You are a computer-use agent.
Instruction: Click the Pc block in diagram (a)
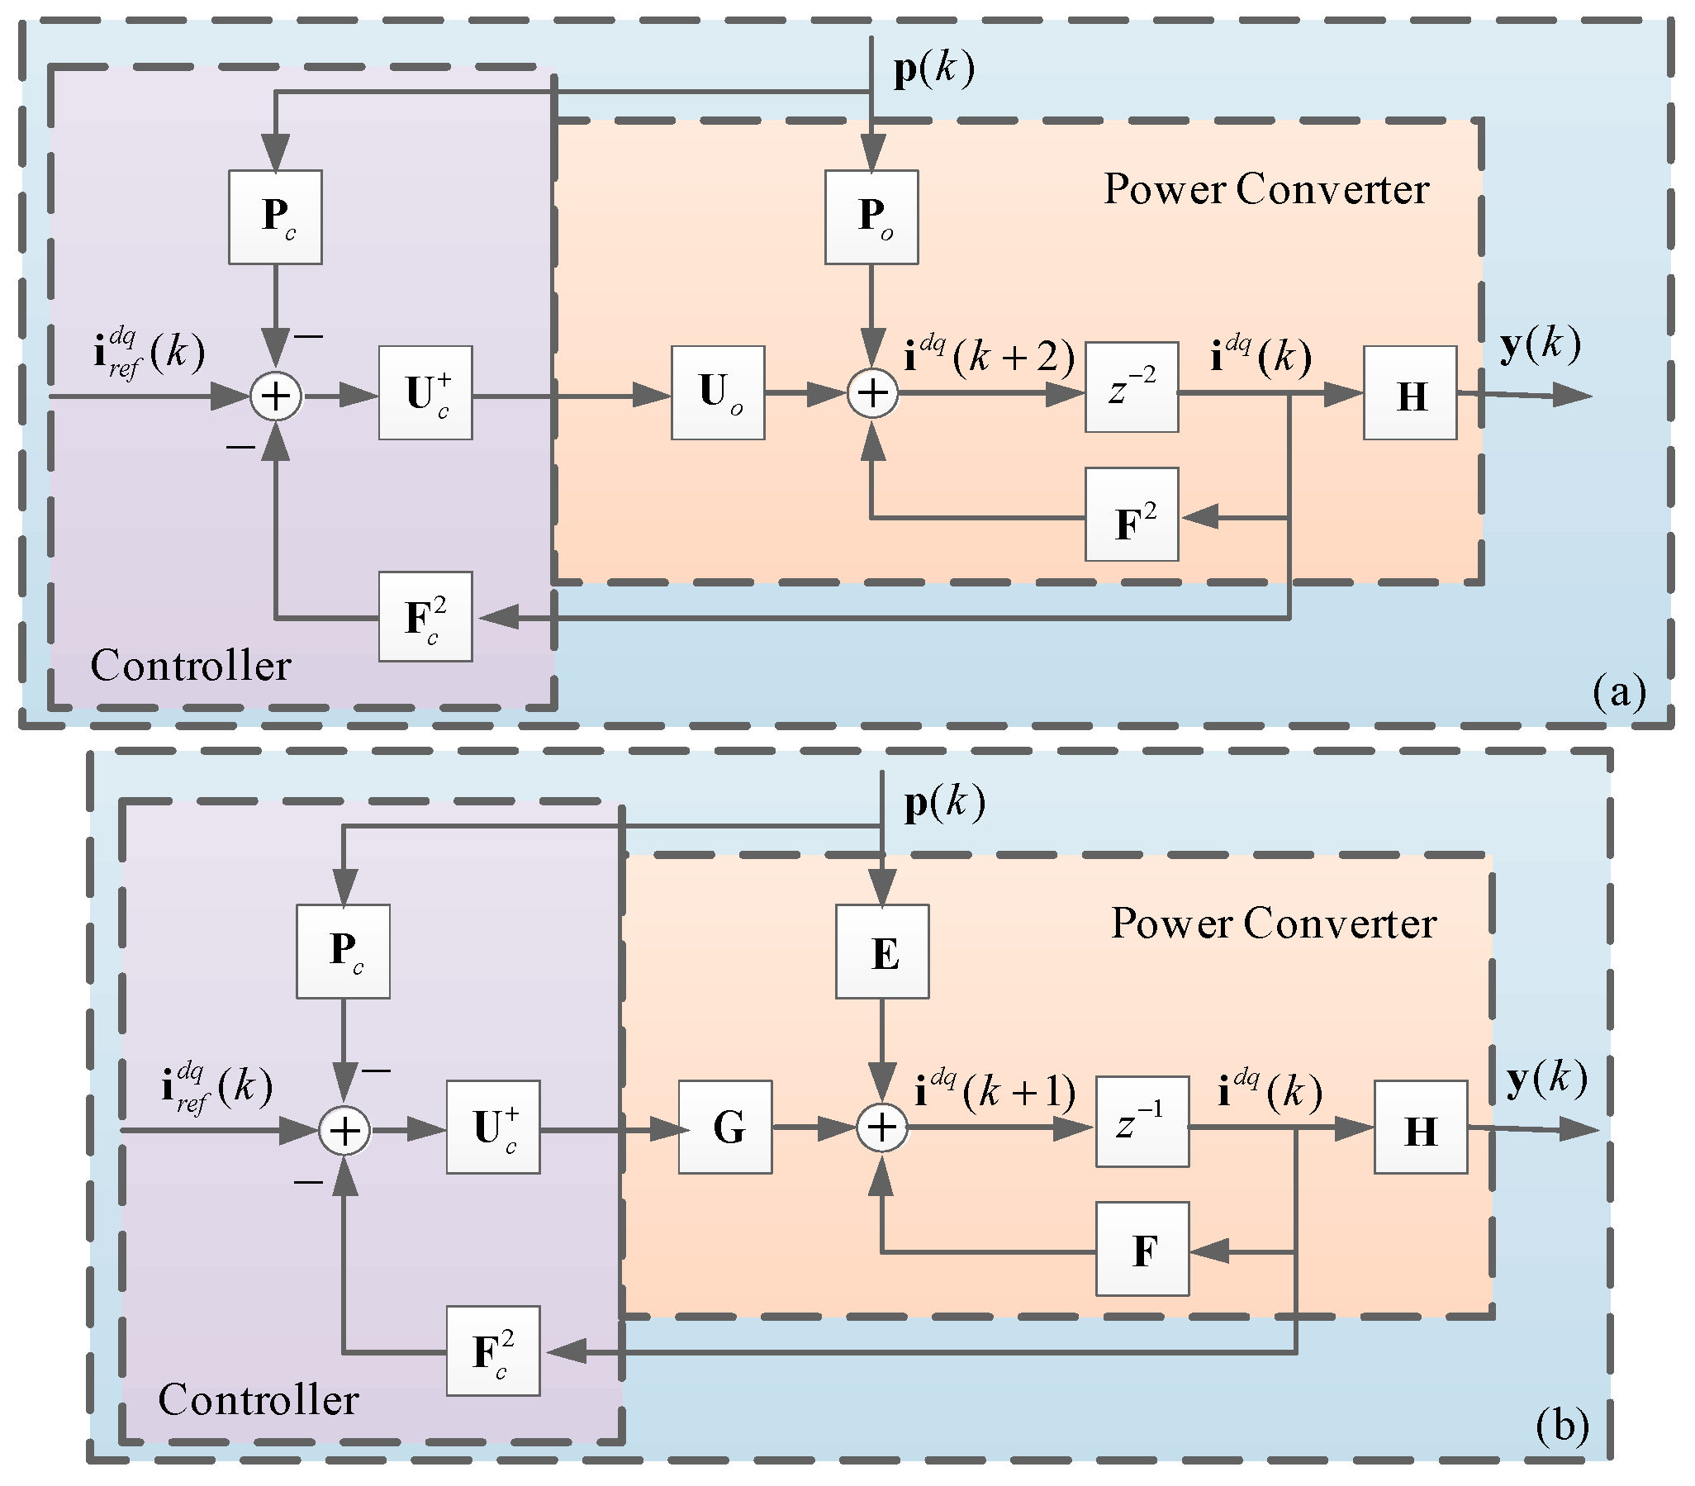tap(275, 217)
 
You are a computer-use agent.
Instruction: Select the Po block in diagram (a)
tap(871, 217)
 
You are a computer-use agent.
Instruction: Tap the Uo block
tap(718, 393)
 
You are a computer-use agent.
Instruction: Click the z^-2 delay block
tap(1132, 387)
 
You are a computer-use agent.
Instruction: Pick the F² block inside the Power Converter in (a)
tap(1132, 515)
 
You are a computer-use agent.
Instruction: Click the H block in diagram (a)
tap(1411, 393)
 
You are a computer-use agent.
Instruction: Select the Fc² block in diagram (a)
tap(425, 617)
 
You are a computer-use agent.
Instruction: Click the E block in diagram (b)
tap(882, 951)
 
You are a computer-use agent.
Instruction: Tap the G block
tap(725, 1127)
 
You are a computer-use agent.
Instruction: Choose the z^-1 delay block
tap(1142, 1122)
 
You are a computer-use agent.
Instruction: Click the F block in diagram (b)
tap(1142, 1249)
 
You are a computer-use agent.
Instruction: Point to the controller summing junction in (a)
tap(276, 396)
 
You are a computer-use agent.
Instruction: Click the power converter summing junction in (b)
tap(882, 1128)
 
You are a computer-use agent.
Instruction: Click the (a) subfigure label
tap(1619, 691)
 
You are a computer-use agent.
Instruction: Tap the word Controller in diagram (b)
tap(258, 1401)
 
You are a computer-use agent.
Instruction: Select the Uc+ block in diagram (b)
tap(493, 1127)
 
